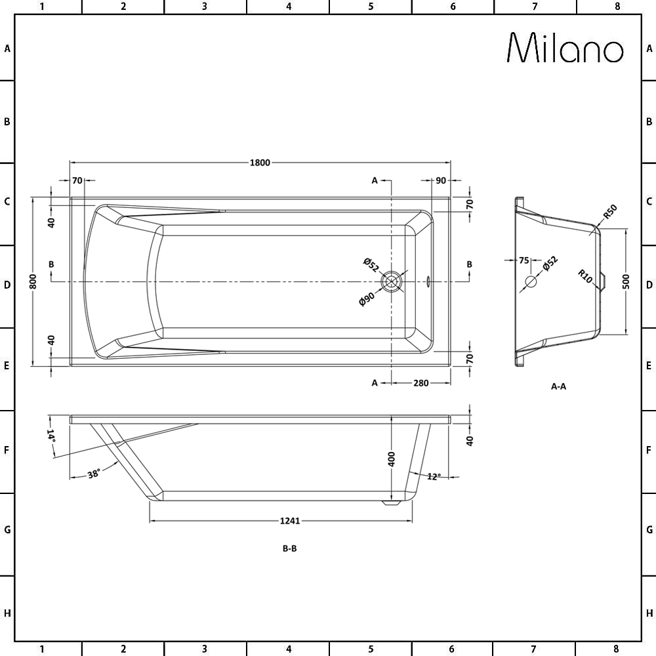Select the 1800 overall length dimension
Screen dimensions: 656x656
pyautogui.click(x=260, y=163)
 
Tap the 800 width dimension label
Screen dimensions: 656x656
pyautogui.click(x=33, y=281)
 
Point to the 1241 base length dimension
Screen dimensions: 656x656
pyautogui.click(x=289, y=521)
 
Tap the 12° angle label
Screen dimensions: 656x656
pyautogui.click(x=433, y=477)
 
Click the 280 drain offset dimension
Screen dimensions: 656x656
pyautogui.click(x=420, y=383)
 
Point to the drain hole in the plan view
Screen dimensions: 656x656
pyautogui.click(x=392, y=281)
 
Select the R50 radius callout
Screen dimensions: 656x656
pyautogui.click(x=610, y=212)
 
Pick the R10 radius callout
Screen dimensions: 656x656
pyautogui.click(x=585, y=276)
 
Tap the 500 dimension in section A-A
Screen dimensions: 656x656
pyautogui.click(x=626, y=281)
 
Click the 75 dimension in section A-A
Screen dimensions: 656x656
pyautogui.click(x=523, y=260)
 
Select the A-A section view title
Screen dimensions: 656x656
pyautogui.click(x=558, y=386)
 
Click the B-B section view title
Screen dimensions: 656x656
pyautogui.click(x=289, y=549)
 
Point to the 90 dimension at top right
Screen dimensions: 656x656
pyautogui.click(x=440, y=180)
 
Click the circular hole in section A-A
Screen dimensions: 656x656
pyautogui.click(x=531, y=282)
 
